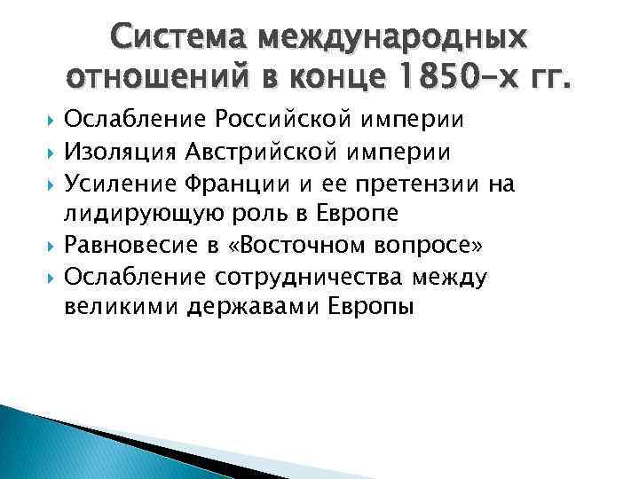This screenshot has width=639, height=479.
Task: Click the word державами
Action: (251, 307)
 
